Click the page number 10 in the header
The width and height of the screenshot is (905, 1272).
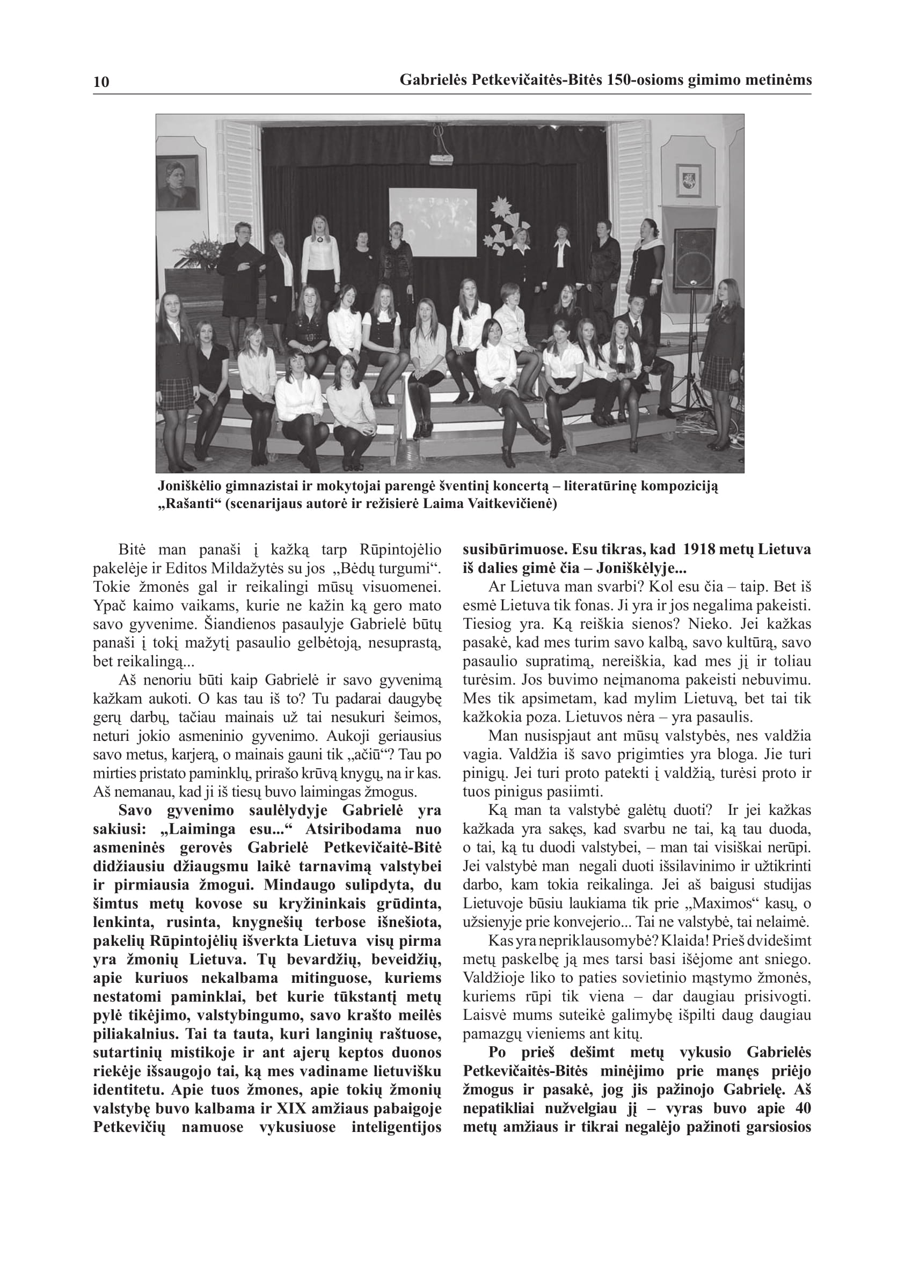pos(101,82)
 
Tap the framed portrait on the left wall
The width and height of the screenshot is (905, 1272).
pos(178,182)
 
